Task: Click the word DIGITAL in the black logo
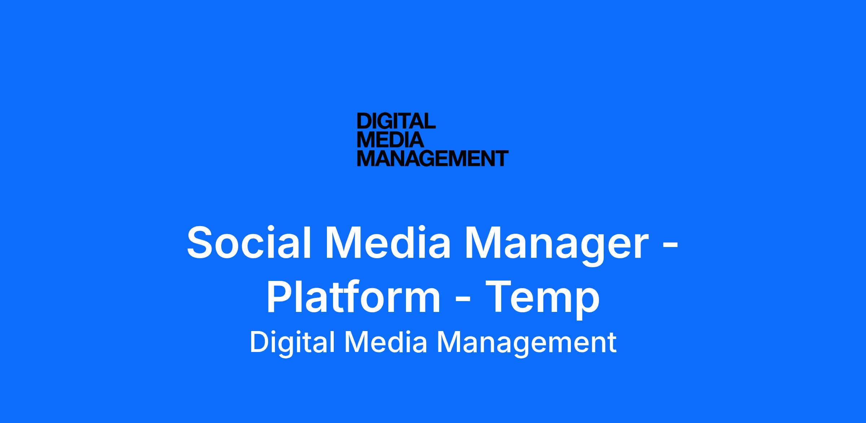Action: pyautogui.click(x=396, y=121)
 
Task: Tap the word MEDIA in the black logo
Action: pyautogui.click(x=390, y=140)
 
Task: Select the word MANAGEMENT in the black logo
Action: pyautogui.click(x=433, y=158)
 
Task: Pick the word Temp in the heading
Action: pyautogui.click(x=542, y=299)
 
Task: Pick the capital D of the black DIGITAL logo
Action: pyautogui.click(x=364, y=121)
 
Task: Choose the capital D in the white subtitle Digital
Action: pyautogui.click(x=259, y=343)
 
